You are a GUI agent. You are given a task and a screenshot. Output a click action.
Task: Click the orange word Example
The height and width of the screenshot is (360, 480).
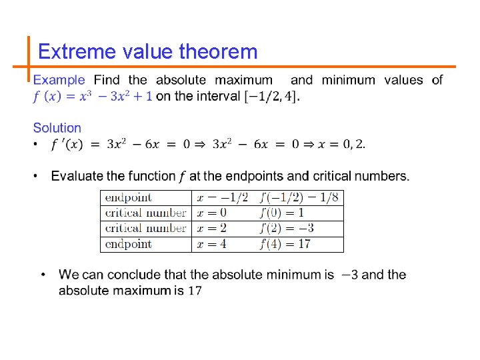[x=59, y=81]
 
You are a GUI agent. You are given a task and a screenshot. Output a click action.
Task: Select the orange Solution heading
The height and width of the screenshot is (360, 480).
[x=57, y=127]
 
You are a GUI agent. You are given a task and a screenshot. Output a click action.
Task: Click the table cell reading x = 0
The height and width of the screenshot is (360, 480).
[x=212, y=213]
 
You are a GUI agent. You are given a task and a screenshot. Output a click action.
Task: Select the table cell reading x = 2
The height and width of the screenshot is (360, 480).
[x=212, y=228]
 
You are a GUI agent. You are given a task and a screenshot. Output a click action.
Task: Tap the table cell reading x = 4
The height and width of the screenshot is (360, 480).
[x=212, y=244]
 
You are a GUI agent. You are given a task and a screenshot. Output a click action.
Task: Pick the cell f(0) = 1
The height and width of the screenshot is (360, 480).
[x=281, y=213]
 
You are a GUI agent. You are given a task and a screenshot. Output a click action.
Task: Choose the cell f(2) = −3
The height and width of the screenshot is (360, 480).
[x=287, y=228]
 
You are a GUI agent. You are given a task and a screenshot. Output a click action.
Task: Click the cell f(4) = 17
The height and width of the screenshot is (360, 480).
[x=285, y=244]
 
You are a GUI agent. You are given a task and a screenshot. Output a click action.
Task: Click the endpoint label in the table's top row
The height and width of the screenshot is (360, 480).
[x=129, y=197]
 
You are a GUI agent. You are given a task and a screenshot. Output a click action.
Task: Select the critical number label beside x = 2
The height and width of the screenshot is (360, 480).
[x=146, y=228]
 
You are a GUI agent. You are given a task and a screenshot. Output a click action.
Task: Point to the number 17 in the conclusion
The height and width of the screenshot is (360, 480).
[x=195, y=291]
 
